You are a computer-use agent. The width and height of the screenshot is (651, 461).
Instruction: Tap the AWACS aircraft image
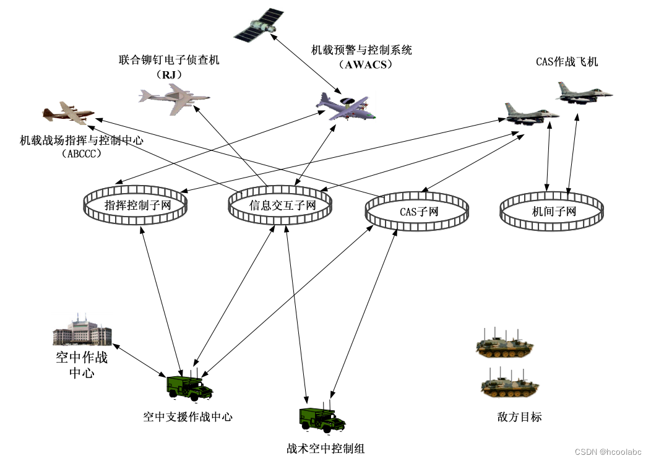click(346, 106)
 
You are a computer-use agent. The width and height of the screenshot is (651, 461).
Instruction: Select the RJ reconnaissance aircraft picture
click(173, 99)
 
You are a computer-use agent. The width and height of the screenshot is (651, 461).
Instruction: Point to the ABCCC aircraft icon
click(67, 113)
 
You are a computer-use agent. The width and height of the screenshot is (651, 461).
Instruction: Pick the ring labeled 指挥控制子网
click(136, 206)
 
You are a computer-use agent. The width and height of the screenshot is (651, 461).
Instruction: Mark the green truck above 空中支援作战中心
click(189, 387)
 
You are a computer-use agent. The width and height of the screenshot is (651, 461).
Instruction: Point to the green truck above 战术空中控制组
click(322, 420)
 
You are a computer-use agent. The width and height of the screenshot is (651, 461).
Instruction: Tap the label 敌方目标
click(519, 417)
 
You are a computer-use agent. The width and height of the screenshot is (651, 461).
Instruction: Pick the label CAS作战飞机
click(567, 62)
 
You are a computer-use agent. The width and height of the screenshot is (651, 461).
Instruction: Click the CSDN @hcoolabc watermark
click(608, 452)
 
